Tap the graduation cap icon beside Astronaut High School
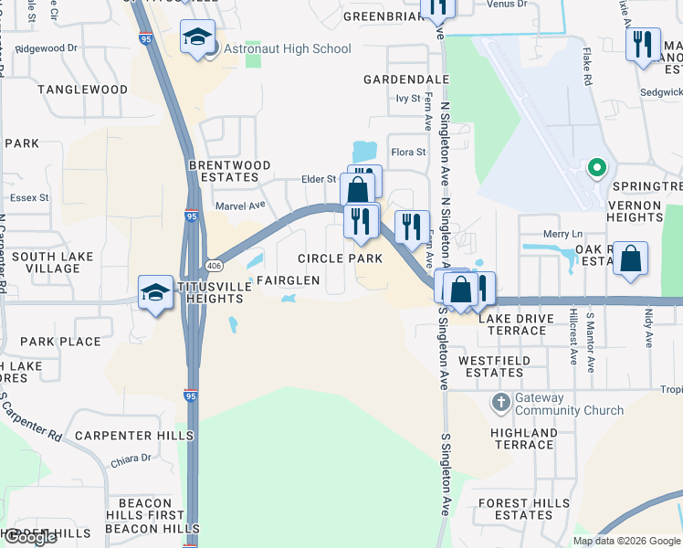tap(197, 38)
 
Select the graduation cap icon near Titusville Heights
tap(155, 292)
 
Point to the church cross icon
tap(500, 401)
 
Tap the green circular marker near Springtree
tap(596, 168)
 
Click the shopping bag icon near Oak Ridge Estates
tap(630, 259)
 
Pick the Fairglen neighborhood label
tap(288, 280)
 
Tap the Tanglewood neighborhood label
tap(83, 90)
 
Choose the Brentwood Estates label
tap(229, 171)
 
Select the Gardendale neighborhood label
tap(405, 79)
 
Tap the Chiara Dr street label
tap(132, 458)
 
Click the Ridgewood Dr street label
tap(47, 47)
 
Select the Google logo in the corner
tap(30, 537)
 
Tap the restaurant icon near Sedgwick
tap(643, 43)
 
